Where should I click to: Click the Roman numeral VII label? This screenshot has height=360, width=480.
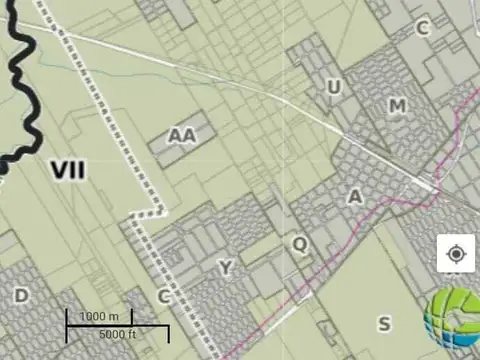pyautogui.click(x=69, y=169)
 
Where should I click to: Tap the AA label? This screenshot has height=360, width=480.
pyautogui.click(x=182, y=135)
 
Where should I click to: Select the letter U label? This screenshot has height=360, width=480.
pyautogui.click(x=334, y=88)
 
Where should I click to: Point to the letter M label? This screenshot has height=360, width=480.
pyautogui.click(x=398, y=106)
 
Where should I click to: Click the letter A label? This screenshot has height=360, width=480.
pyautogui.click(x=355, y=197)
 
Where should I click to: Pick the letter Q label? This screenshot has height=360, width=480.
pyautogui.click(x=300, y=243)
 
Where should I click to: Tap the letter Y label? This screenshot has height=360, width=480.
pyautogui.click(x=226, y=267)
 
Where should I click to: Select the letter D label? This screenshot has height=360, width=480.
pyautogui.click(x=21, y=295)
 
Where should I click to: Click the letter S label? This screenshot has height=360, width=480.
pyautogui.click(x=384, y=322)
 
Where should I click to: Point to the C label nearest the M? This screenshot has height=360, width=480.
pyautogui.click(x=423, y=28)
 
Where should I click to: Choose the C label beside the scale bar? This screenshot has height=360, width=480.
pyautogui.click(x=164, y=296)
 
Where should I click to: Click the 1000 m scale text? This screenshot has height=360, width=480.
pyautogui.click(x=99, y=316)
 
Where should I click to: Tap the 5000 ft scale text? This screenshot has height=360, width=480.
pyautogui.click(x=119, y=333)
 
